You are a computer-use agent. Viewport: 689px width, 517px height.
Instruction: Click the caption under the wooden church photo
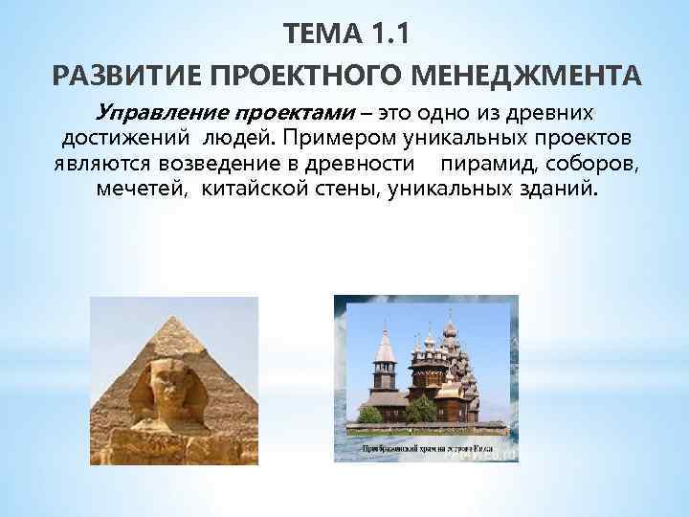(x=426, y=447)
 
